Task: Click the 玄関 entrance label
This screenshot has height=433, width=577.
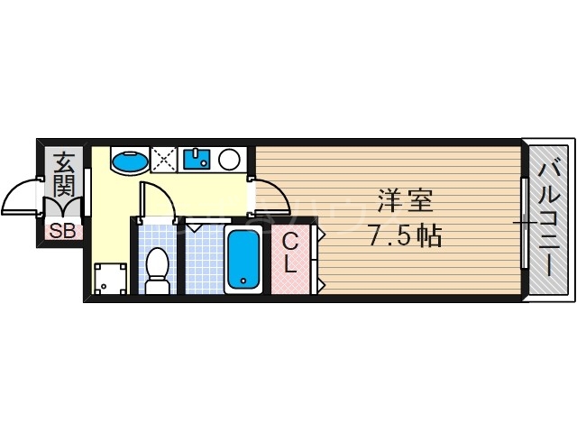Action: click(x=64, y=176)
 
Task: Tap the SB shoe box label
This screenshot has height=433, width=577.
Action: click(x=62, y=231)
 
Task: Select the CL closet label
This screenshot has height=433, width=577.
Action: click(x=291, y=253)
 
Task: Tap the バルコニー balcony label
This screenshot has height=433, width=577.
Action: click(x=548, y=217)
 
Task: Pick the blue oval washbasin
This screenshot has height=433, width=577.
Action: click(x=129, y=161)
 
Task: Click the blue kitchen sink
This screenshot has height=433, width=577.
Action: click(x=197, y=161)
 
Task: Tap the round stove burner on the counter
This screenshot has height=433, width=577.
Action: click(x=229, y=161)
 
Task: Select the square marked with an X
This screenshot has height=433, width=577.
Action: click(x=165, y=161)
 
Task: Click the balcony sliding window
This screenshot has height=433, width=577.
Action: click(x=524, y=222)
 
